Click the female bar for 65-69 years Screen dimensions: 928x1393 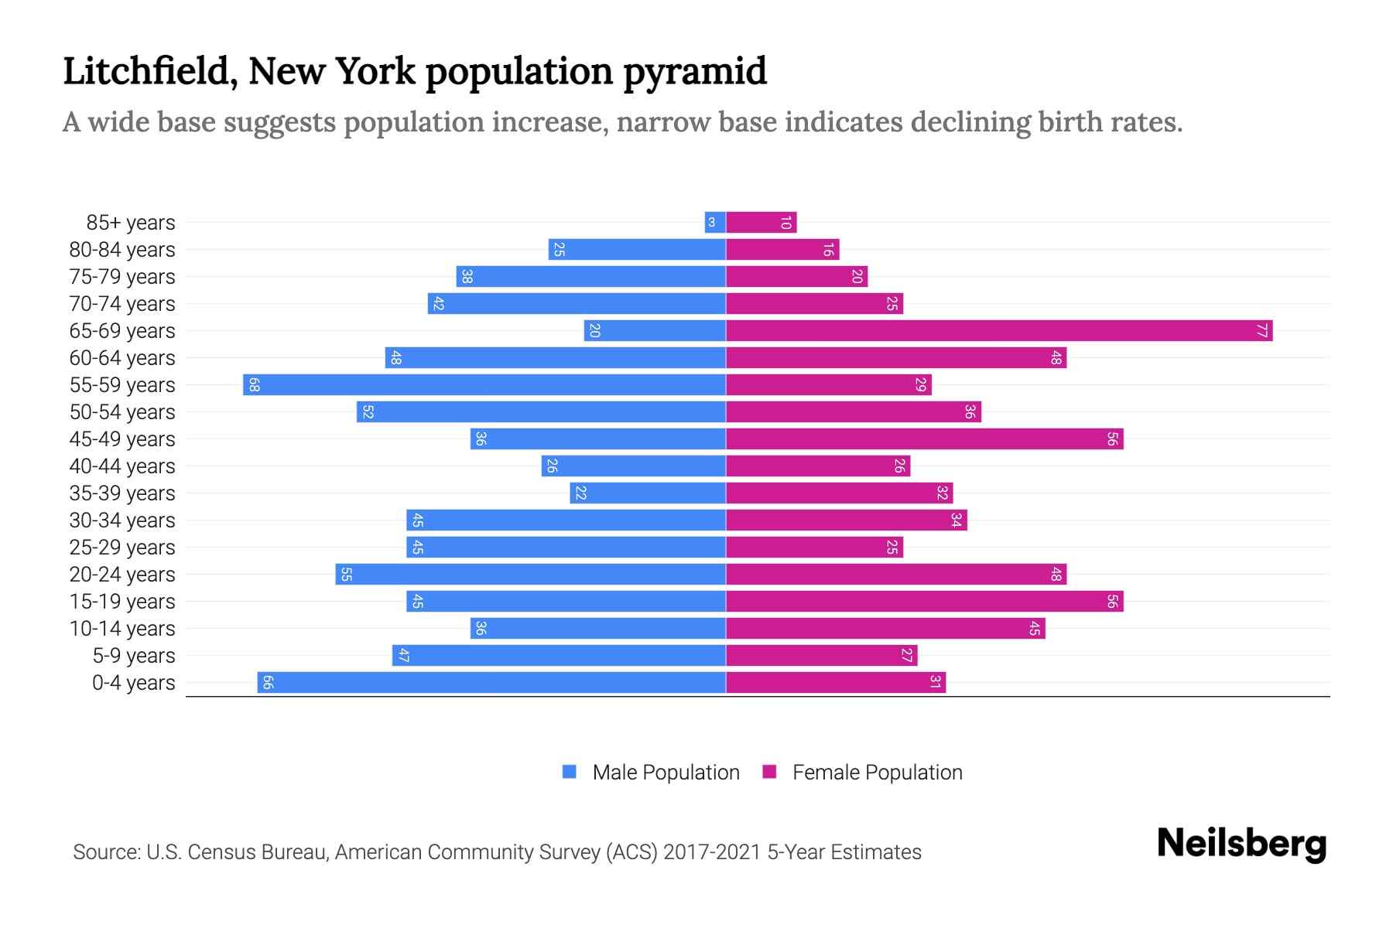point(998,331)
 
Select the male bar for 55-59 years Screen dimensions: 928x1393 point(484,385)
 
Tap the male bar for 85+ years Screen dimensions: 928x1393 point(715,223)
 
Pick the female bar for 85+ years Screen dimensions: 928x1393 point(761,223)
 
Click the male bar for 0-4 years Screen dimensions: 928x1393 point(491,683)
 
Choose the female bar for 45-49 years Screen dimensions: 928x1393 point(924,439)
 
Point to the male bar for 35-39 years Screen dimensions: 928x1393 point(648,493)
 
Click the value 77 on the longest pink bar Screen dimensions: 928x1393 point(1261,331)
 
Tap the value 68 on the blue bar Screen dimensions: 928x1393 point(254,385)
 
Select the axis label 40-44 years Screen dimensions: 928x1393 point(122,466)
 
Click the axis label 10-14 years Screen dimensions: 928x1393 point(122,629)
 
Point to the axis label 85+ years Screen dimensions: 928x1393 point(131,223)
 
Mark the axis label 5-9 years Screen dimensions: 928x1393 point(134,656)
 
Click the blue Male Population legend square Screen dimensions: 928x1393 point(570,772)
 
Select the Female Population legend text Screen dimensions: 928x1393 point(877,773)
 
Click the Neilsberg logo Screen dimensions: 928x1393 point(1241,844)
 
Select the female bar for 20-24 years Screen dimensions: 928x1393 point(896,575)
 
